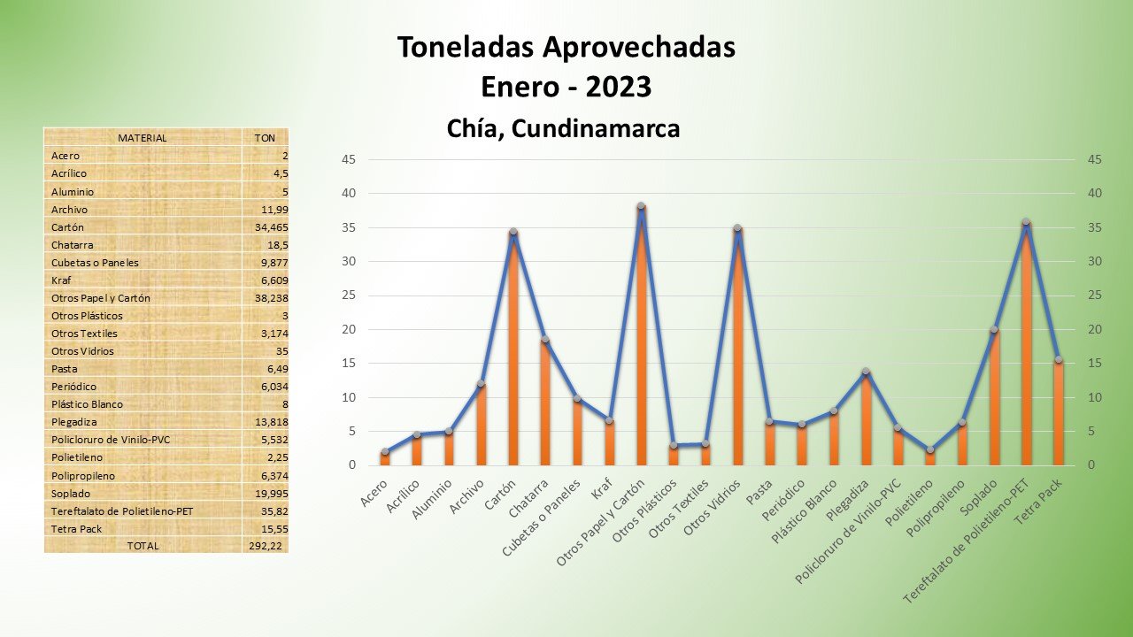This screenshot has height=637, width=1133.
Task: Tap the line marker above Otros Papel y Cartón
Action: pos(641,206)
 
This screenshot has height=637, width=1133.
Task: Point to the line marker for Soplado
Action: pos(994,330)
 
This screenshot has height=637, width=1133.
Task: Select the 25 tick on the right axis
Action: pos(1095,295)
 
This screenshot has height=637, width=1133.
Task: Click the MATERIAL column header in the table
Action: pos(142,138)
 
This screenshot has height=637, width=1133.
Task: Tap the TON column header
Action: pos(265,138)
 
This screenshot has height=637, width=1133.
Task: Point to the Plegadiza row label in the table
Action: pos(73,422)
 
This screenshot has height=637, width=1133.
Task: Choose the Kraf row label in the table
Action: pos(61,280)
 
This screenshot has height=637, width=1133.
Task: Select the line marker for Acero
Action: pos(385,452)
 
